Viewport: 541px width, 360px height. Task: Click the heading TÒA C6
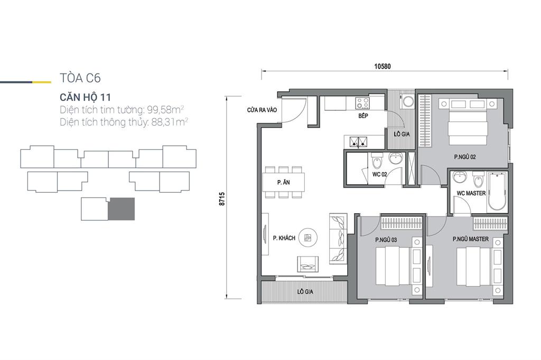(x=80, y=78)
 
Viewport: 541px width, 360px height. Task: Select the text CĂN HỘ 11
(x=85, y=97)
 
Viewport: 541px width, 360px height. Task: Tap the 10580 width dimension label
(x=383, y=66)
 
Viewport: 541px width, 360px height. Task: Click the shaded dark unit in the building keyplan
(x=121, y=209)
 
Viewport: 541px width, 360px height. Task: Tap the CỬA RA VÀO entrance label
(x=262, y=110)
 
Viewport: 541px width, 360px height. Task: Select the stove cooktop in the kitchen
(x=363, y=102)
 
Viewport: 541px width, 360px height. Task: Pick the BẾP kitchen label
(x=363, y=116)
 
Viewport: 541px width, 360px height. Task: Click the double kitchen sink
(x=359, y=141)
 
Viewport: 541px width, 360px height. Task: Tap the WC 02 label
(x=379, y=175)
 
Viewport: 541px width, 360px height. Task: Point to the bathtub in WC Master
(x=497, y=193)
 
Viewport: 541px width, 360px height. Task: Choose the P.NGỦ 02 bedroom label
(x=465, y=157)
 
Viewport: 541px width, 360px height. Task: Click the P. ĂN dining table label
(x=284, y=183)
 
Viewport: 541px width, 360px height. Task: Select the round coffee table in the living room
(x=308, y=238)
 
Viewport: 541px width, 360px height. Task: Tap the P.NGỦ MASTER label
(x=471, y=239)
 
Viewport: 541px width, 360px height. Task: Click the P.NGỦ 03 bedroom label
(x=386, y=240)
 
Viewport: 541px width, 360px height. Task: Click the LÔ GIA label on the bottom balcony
(x=305, y=292)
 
